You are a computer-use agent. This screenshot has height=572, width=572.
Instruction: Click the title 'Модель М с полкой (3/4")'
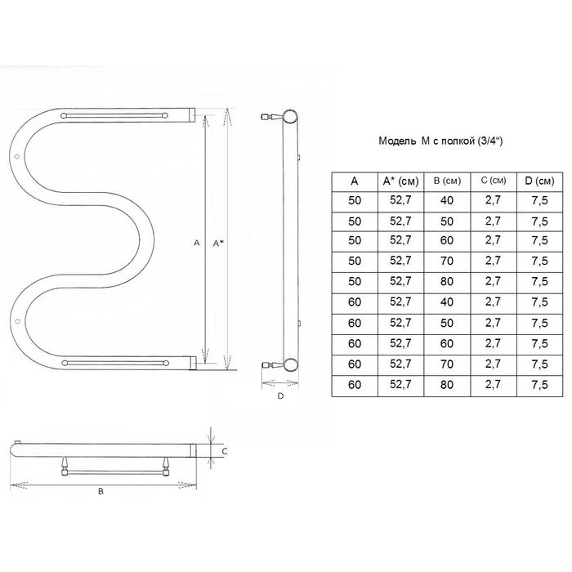440,141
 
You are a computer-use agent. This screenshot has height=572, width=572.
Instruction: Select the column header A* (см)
400,181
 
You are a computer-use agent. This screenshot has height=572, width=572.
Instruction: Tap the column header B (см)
447,181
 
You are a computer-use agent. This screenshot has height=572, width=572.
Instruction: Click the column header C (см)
494,181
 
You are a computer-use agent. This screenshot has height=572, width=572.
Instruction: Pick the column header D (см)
539,181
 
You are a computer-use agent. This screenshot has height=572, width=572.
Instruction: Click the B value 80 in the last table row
447,385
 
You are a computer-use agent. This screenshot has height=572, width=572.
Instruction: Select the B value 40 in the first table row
447,200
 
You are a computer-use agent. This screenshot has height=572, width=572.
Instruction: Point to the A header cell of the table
354,181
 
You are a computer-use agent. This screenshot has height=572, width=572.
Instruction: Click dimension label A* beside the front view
218,244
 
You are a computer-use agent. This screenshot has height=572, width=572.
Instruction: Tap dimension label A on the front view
197,243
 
